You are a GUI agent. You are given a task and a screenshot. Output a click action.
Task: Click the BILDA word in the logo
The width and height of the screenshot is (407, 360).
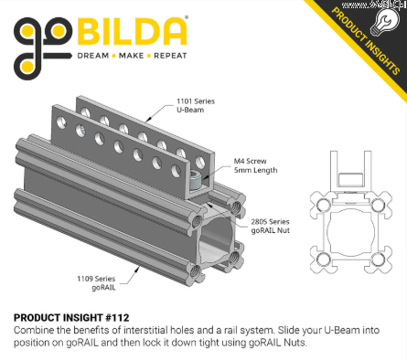(132, 32)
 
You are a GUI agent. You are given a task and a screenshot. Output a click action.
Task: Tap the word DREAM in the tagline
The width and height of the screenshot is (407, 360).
(93, 56)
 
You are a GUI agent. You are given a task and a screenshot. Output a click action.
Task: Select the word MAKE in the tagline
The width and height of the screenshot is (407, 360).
(131, 56)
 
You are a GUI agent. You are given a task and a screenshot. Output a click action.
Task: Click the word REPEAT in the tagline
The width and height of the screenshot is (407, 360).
(170, 56)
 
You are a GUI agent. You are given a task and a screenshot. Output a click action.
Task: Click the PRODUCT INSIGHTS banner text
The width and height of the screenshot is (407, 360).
(366, 41)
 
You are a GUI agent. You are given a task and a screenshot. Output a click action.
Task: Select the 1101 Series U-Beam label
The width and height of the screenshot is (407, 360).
(196, 105)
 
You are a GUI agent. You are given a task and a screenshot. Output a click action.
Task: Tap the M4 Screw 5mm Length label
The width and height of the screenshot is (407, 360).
(255, 165)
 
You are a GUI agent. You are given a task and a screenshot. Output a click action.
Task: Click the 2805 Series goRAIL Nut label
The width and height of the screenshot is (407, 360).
(270, 226)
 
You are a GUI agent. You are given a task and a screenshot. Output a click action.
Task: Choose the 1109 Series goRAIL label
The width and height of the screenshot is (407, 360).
(96, 283)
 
